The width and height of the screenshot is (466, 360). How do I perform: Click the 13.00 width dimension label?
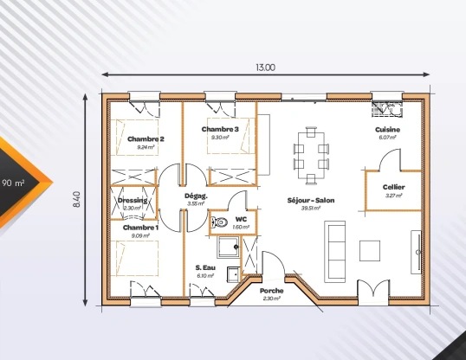click(265, 67)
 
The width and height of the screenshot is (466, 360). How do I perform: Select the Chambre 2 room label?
click(146, 138)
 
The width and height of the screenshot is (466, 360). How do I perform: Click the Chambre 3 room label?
click(220, 129)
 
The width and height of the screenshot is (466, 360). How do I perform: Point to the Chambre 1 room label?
click(139, 227)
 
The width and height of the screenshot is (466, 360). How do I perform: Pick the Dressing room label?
click(133, 201)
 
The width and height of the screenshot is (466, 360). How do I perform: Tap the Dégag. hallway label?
click(195, 196)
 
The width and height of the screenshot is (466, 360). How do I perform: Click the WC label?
click(241, 219)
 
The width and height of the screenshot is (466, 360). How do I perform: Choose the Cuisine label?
click(387, 129)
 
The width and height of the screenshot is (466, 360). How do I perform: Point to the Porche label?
click(271, 290)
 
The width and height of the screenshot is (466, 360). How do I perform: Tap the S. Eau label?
click(204, 267)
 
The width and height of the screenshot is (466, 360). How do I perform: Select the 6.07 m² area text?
click(387, 137)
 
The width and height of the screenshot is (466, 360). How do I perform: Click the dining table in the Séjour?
click(311, 155)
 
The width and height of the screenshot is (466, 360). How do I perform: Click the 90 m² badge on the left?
click(14, 183)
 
